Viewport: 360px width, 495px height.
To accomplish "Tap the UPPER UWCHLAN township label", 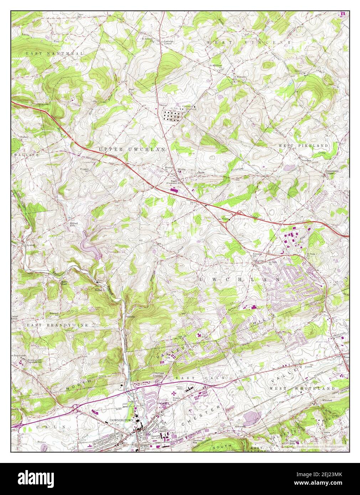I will (x=132, y=150).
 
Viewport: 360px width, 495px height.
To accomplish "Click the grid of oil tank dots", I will (x=172, y=115).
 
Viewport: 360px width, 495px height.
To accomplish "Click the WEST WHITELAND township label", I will (x=302, y=388).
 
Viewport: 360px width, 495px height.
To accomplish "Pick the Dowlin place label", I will (x=130, y=316).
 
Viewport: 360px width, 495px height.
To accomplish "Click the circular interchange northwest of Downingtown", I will (x=76, y=407).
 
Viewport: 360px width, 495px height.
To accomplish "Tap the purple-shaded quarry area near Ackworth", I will (x=253, y=417).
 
